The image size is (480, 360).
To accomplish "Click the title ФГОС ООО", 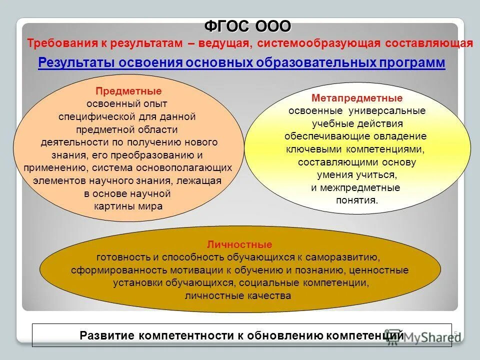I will point(247,25).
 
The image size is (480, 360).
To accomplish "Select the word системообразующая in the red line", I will point(319,43).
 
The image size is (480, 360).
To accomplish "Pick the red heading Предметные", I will point(128,91).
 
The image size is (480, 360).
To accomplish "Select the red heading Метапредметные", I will point(356,98).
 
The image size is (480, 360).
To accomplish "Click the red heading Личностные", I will point(239,244).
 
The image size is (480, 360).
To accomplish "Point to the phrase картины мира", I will point(128,206).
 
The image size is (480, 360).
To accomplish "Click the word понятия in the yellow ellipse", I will point(355,200).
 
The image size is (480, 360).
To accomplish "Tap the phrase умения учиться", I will point(356,175).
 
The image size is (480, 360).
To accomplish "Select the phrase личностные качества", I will point(238,295).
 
